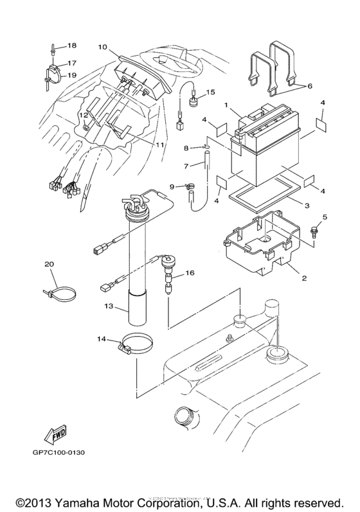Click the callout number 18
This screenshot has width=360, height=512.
point(71,46)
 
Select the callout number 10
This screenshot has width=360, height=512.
point(102,47)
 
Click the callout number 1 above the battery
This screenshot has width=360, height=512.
point(226,103)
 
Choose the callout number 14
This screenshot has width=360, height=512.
point(101,339)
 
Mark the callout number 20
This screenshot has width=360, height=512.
point(49,264)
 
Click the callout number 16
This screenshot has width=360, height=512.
point(190,273)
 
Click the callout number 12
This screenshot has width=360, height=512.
point(83,115)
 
